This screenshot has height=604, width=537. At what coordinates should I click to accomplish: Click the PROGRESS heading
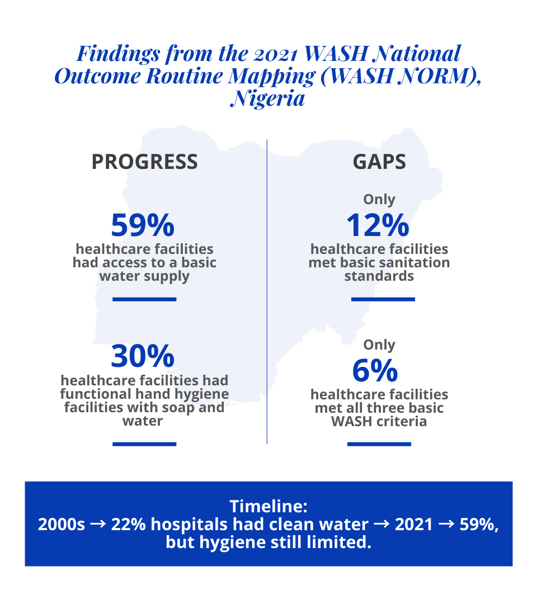(144, 162)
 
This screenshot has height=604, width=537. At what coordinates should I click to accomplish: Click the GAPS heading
(379, 162)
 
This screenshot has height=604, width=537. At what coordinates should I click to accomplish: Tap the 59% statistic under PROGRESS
(143, 225)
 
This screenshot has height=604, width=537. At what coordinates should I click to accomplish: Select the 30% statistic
(143, 357)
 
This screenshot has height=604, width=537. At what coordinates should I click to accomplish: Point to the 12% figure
(378, 225)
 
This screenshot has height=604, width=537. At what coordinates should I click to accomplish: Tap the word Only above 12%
(379, 200)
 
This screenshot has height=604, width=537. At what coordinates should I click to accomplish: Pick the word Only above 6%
(379, 345)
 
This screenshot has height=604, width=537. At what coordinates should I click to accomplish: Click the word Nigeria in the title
(268, 99)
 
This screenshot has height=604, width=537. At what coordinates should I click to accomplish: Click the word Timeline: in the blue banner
(268, 507)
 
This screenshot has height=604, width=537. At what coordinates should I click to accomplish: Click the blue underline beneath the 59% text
(144, 299)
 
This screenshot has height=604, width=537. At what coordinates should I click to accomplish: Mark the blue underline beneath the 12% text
(383, 299)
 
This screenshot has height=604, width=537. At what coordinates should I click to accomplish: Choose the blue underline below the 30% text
(144, 444)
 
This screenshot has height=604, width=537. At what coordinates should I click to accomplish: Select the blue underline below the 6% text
(379, 444)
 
